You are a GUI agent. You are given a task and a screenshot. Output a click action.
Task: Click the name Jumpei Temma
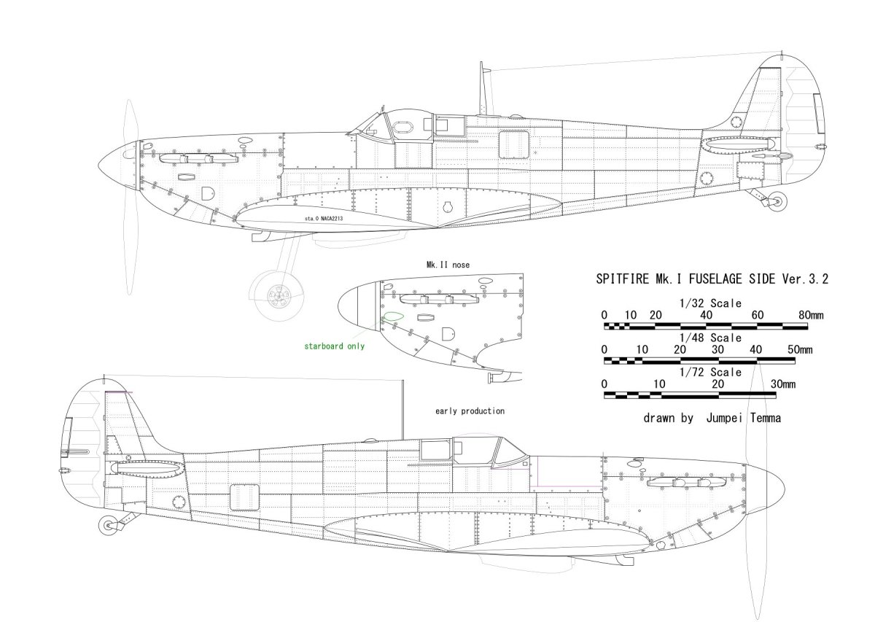pyautogui.click(x=744, y=419)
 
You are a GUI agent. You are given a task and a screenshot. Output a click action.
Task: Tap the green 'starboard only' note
pyautogui.click(x=335, y=346)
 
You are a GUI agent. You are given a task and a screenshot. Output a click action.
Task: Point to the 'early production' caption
pyautogui.click(x=470, y=411)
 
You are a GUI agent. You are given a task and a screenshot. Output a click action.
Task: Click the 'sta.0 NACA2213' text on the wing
pyautogui.click(x=324, y=218)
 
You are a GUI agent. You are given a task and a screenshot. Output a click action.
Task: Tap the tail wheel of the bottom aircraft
pyautogui.click(x=109, y=526)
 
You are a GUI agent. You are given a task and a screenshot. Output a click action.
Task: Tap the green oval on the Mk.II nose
pyautogui.click(x=393, y=316)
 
